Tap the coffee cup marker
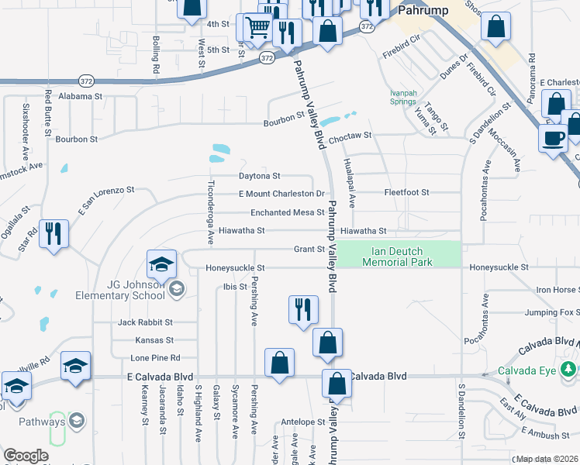tap(553, 138)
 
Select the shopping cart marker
tap(257, 28)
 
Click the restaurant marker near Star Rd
tap(54, 234)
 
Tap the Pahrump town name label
tap(419, 11)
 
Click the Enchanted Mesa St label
tap(287, 212)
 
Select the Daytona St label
tap(259, 176)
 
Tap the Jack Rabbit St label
tap(146, 322)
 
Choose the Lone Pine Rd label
tap(155, 358)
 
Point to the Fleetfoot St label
tap(407, 192)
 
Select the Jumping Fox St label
tap(551, 313)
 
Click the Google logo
tap(26, 456)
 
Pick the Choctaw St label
tap(350, 136)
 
